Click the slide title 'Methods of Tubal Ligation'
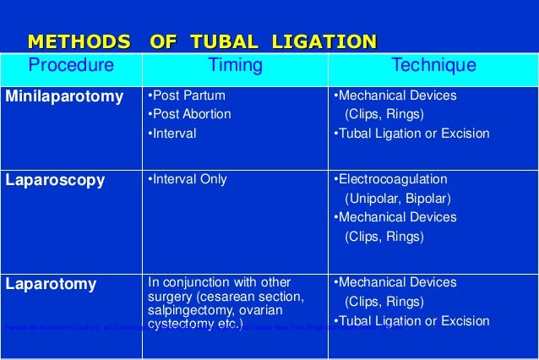click(202, 41)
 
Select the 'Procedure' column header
click(72, 66)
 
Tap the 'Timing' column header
click(235, 66)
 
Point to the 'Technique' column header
click(433, 66)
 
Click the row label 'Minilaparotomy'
click(64, 96)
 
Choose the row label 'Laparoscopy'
click(56, 180)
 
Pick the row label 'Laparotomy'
click(52, 284)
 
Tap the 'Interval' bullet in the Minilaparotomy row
click(173, 134)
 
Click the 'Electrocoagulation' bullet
click(390, 179)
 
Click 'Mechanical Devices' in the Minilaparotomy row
click(395, 95)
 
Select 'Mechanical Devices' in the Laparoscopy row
click(395, 217)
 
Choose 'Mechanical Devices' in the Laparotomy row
click(395, 282)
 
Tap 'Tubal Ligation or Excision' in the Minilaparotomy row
click(411, 134)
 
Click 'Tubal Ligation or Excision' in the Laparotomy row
click(411, 321)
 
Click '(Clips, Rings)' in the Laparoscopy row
click(384, 237)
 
